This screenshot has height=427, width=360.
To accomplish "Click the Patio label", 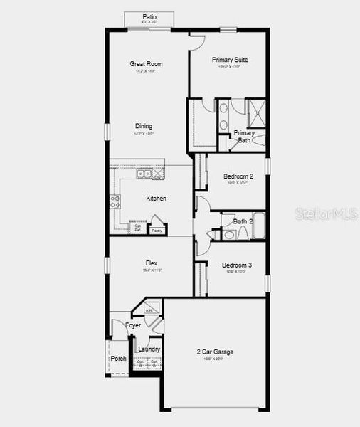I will (149, 16).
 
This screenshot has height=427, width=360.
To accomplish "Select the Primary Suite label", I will (230, 60).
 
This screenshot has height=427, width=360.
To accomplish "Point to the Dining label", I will (143, 126).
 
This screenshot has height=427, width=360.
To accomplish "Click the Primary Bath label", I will (244, 137).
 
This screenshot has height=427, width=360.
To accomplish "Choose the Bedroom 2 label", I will (238, 176).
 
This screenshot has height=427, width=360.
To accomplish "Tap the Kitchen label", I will (157, 198).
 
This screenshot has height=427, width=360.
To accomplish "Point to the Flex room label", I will (152, 263).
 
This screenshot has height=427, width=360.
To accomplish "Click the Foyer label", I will (133, 325).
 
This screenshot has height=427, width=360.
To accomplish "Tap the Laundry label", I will (149, 349).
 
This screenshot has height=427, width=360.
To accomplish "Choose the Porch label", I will (118, 358).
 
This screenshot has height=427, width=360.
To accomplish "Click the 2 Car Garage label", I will (215, 352).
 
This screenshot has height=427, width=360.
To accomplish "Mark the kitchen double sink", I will (144, 174).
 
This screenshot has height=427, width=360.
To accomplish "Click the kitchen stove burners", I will (114, 201).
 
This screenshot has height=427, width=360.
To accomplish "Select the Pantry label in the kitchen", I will (157, 231).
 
